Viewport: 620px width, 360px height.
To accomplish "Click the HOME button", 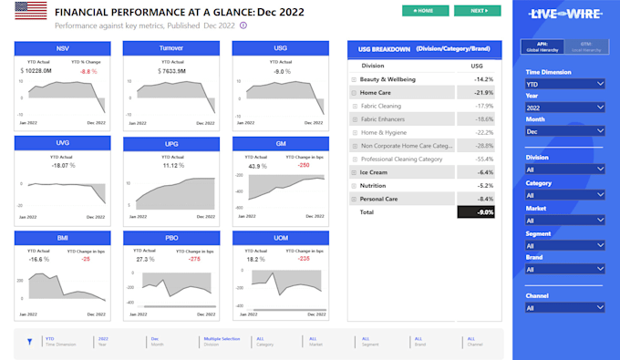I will pyautogui.click(x=425, y=11).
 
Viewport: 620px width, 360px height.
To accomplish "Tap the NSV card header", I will pyautogui.click(x=63, y=47).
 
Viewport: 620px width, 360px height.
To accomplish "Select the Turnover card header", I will pyautogui.click(x=171, y=47).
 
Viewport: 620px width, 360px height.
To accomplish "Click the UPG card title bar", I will pyautogui.click(x=171, y=143).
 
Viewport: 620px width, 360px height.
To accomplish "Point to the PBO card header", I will pyautogui.click(x=171, y=238).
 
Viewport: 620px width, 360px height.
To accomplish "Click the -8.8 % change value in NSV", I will pyautogui.click(x=88, y=70).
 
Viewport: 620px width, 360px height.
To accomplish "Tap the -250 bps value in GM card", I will pyautogui.click(x=303, y=165).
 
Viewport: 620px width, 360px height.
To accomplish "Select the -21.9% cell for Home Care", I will pyautogui.click(x=483, y=93).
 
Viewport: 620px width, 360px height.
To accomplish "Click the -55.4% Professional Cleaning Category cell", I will pyautogui.click(x=483, y=159).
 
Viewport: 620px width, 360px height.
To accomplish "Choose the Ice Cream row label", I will pyautogui.click(x=374, y=172).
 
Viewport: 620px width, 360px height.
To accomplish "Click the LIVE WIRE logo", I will pyautogui.click(x=565, y=15).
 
